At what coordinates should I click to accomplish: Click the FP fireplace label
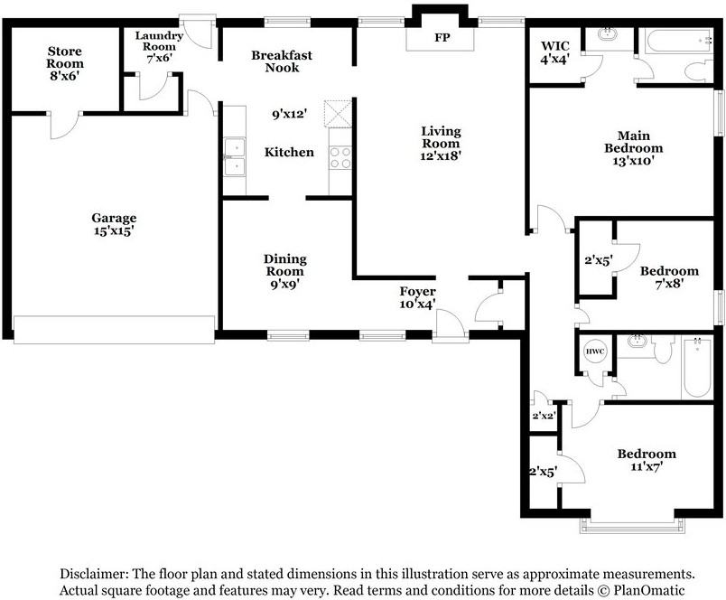pyautogui.click(x=442, y=38)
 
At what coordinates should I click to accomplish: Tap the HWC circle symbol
pyautogui.click(x=595, y=352)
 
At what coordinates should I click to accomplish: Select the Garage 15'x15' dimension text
pyautogui.click(x=114, y=231)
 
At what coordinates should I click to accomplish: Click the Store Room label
pyautogui.click(x=65, y=58)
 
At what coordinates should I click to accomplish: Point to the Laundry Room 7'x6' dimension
pyautogui.click(x=159, y=58)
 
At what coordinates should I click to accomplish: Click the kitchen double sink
pyautogui.click(x=235, y=157)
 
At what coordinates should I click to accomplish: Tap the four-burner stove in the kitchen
pyautogui.click(x=340, y=157)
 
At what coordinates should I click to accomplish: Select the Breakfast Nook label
pyautogui.click(x=282, y=61)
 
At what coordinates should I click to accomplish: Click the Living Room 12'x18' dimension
pyautogui.click(x=441, y=156)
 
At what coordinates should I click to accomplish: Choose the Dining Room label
pyautogui.click(x=284, y=265)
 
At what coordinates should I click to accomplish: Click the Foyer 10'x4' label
pyautogui.click(x=418, y=298)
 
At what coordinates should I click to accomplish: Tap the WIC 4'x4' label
pyautogui.click(x=555, y=52)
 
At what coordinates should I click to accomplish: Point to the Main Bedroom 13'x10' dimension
pyautogui.click(x=633, y=161)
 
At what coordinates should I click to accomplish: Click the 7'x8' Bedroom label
pyautogui.click(x=669, y=277)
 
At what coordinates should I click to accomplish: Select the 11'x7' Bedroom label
pyautogui.click(x=647, y=460)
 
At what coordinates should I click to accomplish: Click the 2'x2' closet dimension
pyautogui.click(x=544, y=416)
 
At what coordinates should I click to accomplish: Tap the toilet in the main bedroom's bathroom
pyautogui.click(x=699, y=70)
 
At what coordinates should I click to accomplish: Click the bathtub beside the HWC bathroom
pyautogui.click(x=697, y=368)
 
